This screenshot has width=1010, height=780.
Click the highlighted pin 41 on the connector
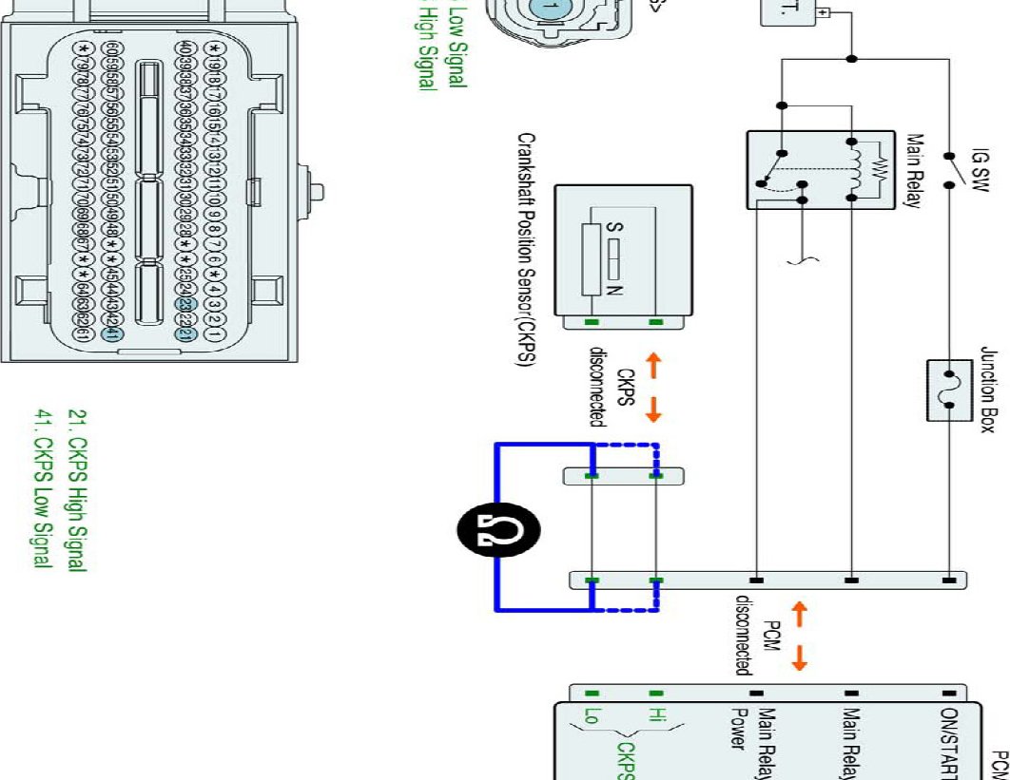click(111, 333)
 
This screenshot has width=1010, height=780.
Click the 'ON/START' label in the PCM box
click(947, 740)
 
